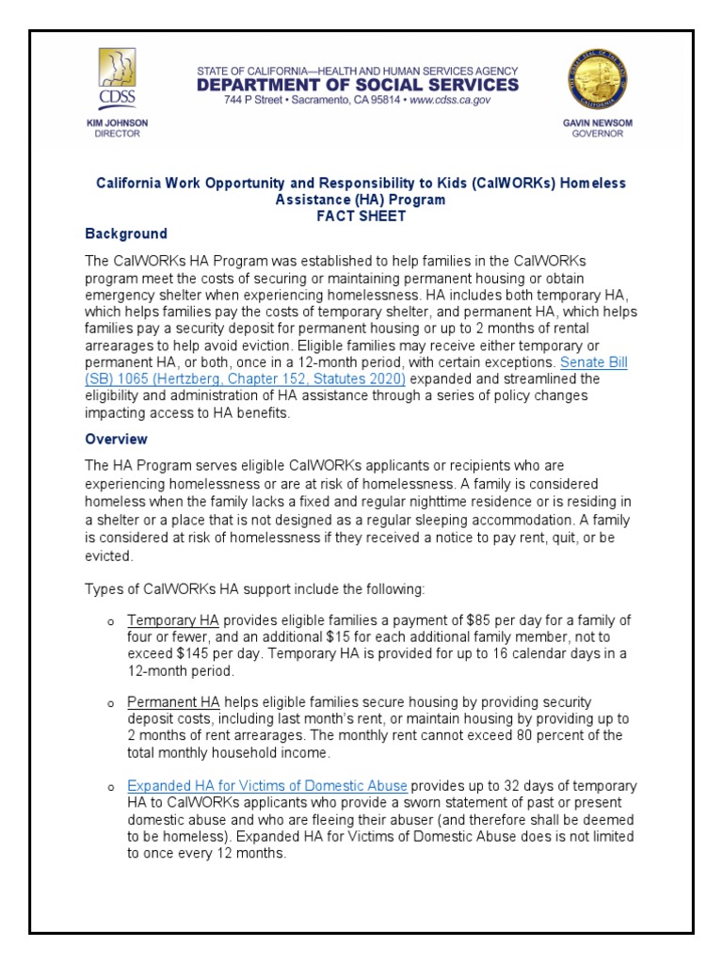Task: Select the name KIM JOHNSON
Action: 117,123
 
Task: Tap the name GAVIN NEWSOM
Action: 599,123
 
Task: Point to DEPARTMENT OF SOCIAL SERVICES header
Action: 357,85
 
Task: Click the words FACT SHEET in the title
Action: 361,216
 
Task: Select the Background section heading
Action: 126,233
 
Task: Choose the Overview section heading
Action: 117,439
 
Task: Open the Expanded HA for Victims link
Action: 267,785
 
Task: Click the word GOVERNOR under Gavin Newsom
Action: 599,135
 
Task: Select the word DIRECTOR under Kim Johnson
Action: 117,135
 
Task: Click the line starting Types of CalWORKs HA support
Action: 255,589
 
